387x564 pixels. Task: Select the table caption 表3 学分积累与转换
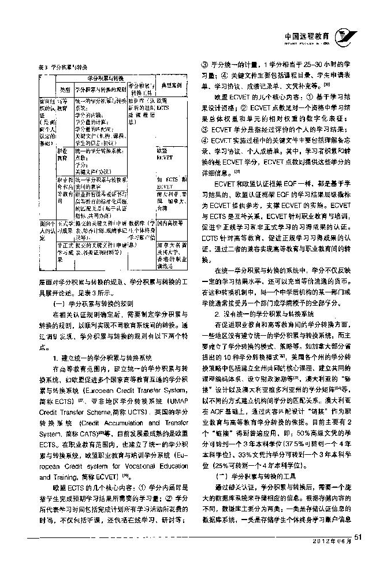57,67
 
